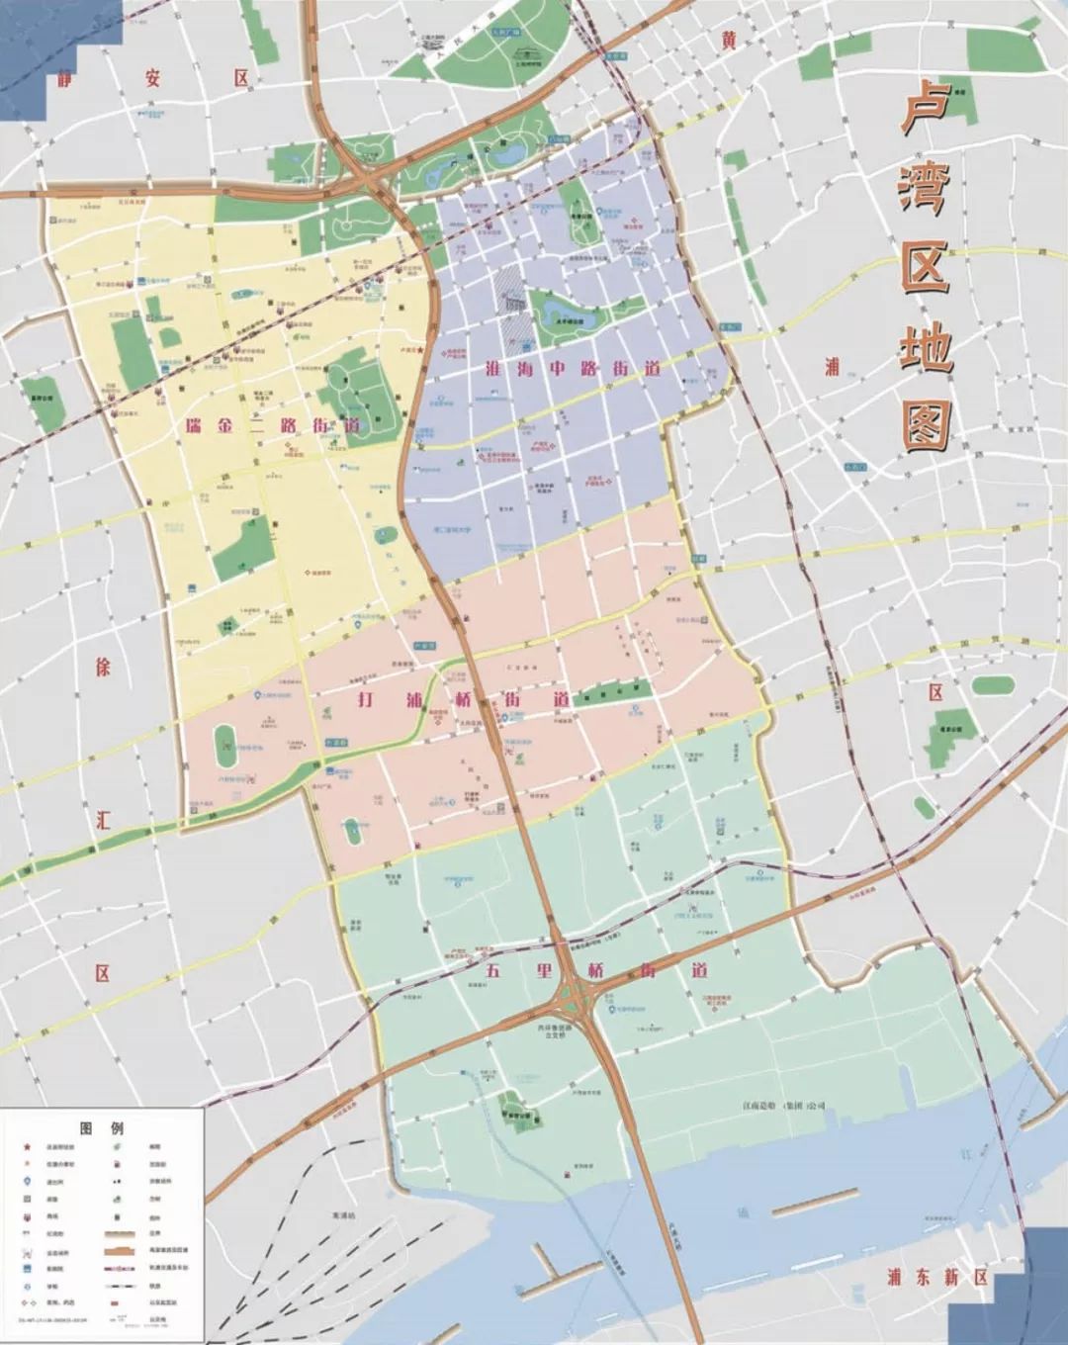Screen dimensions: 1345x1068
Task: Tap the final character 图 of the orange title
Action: click(x=927, y=424)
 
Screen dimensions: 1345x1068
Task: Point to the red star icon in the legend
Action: click(x=26, y=1146)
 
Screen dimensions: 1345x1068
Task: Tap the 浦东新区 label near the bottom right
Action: click(x=937, y=1276)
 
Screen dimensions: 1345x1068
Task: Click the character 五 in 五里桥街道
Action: click(x=492, y=969)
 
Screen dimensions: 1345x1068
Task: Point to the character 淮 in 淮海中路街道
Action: click(x=492, y=369)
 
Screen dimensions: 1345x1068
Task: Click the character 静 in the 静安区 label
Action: click(x=66, y=79)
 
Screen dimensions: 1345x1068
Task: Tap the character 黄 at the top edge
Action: click(x=729, y=40)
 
